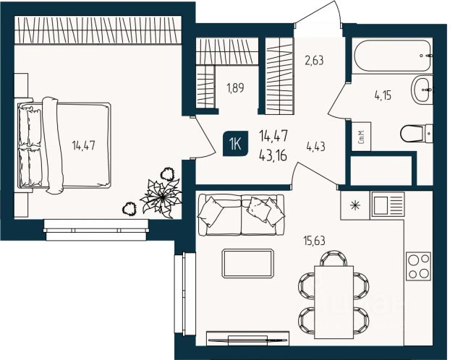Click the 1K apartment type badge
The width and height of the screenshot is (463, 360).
236,145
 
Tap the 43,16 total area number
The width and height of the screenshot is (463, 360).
273,155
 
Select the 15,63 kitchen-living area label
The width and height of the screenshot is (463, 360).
314,241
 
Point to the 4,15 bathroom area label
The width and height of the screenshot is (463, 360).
383,95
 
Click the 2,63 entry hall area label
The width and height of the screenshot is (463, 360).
314,60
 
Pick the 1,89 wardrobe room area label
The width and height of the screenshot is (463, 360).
235,87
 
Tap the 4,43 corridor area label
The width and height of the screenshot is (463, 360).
315,146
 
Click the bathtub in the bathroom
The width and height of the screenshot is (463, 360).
392,56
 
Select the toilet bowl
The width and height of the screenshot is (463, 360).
417,134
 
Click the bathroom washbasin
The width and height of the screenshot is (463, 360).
422,89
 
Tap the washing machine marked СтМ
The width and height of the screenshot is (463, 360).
361,137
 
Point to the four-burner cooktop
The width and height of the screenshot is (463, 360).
419,266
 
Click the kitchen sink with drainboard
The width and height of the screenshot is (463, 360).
388,204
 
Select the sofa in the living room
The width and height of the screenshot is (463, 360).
241,215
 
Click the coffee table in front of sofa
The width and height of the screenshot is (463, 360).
247,264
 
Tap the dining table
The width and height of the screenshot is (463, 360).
334,302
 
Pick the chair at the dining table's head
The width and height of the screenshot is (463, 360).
334,259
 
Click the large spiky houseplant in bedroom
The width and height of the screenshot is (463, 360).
161,196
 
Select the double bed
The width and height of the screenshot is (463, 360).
64,145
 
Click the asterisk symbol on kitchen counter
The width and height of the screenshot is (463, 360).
355,206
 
